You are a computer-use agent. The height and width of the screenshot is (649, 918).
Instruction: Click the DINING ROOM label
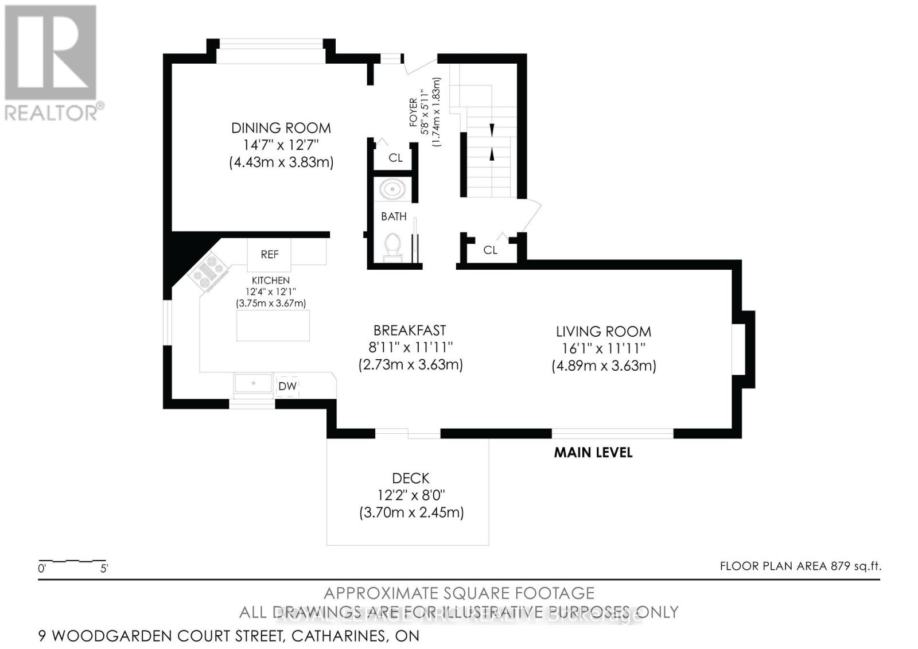[x=281, y=128]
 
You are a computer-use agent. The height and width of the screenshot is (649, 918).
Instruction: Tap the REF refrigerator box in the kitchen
[x=269, y=254]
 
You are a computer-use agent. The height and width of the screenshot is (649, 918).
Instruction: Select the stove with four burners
[x=208, y=271]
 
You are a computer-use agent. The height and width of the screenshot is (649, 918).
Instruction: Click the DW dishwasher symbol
[x=287, y=386]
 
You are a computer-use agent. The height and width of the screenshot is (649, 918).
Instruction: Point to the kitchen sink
[x=253, y=383]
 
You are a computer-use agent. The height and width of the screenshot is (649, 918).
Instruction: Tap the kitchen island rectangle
[x=273, y=325]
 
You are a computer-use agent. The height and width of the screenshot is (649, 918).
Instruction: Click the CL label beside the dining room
[x=395, y=158]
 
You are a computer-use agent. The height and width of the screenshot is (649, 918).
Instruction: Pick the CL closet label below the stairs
[x=490, y=250]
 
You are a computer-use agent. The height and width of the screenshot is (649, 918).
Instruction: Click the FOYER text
[x=413, y=112]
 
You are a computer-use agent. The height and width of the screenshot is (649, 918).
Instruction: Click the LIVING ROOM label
[x=603, y=332]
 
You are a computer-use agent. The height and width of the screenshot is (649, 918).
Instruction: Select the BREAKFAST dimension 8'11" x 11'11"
[x=410, y=347]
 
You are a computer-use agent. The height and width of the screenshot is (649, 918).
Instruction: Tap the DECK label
[x=410, y=478]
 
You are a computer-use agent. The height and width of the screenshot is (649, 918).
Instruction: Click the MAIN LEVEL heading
[x=593, y=452]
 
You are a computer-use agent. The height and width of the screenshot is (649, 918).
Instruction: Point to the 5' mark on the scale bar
[x=104, y=569]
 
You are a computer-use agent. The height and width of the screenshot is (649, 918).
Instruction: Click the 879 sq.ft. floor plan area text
[x=855, y=566]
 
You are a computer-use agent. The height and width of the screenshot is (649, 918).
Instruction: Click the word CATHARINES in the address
[x=338, y=636]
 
